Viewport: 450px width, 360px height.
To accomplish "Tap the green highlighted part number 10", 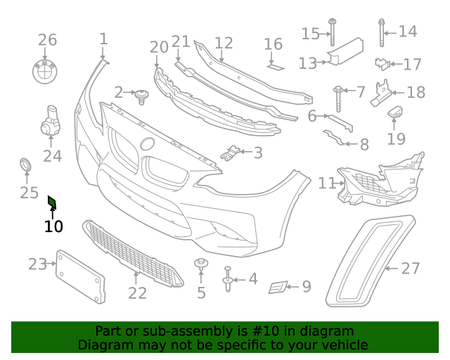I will pos(51,204).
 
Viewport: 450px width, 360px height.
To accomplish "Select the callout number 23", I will pos(37,264).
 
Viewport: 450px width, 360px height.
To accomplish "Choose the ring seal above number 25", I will pos(27,166).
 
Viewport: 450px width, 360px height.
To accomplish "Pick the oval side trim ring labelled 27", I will pos(369,264).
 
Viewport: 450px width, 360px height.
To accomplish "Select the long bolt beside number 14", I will pos(382,31).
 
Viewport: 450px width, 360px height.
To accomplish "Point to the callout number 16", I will pos(273,45).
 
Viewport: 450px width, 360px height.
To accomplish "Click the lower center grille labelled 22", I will pos(134,254).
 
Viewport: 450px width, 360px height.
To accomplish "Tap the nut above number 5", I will pos(200,266).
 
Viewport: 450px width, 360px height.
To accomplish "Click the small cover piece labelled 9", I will pos(278,286).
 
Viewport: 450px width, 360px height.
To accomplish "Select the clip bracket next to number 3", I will pos(230,152).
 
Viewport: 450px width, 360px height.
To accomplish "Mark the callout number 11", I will pos(326,184).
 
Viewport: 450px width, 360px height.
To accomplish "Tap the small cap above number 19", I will pos(396,112).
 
